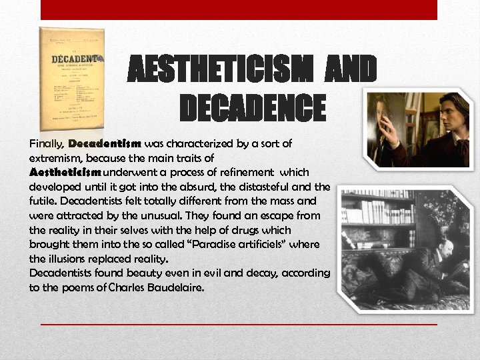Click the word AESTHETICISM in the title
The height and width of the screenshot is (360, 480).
pos(221,69)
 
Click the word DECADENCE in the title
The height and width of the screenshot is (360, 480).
pos(253,109)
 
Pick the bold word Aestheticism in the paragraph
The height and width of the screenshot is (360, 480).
pos(64,171)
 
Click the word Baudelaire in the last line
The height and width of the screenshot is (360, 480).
pos(175,287)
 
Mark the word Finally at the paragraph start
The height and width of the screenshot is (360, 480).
pos(47,143)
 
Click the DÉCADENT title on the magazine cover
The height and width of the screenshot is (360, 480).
pos(72,59)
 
